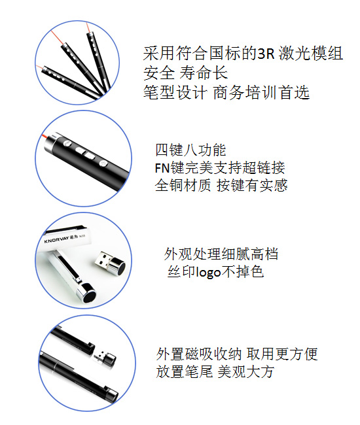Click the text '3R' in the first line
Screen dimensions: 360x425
tap(266, 54)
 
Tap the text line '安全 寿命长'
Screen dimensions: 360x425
tap(185, 73)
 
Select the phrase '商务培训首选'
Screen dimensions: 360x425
tap(261, 92)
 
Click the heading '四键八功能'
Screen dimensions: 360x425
tap(190, 150)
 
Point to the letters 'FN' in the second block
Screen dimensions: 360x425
tap(162, 168)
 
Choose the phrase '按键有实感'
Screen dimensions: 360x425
tap(252, 186)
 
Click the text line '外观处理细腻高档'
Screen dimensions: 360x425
tap(221, 254)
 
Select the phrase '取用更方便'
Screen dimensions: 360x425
tap(282, 354)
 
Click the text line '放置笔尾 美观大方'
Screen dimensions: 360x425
tap(215, 371)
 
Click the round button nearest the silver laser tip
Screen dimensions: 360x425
tap(67, 143)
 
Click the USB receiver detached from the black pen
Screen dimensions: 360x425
tap(105, 358)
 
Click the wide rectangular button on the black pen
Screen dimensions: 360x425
tap(89, 156)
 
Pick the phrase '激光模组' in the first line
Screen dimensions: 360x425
tap(311, 54)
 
